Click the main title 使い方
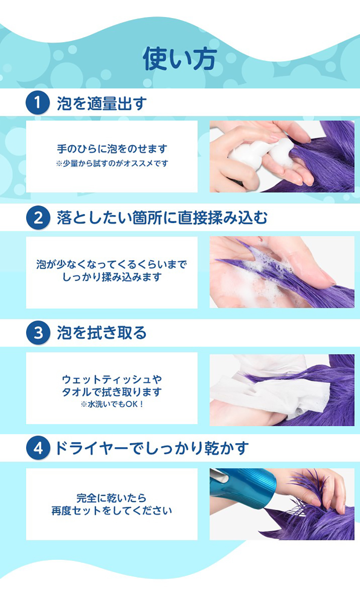(180, 59)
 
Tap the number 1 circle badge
(38, 102)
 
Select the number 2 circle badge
(38, 218)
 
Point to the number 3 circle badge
(38, 333)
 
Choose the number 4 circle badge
(38, 448)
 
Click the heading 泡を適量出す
(102, 103)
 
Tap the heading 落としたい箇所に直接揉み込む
(162, 218)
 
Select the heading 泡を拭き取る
(102, 333)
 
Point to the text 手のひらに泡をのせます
(112, 149)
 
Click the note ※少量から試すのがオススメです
(112, 164)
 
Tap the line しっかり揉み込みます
(112, 277)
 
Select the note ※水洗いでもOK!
(112, 404)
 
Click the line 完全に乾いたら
(111, 498)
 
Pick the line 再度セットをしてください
(112, 511)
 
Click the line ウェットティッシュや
(112, 379)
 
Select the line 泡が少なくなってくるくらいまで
(112, 264)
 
